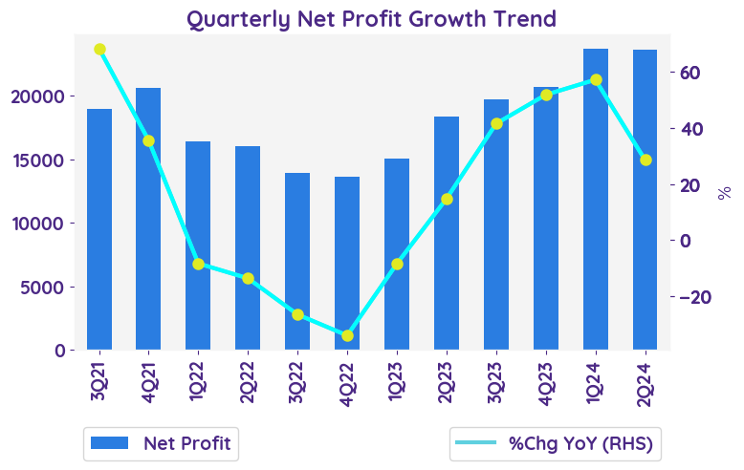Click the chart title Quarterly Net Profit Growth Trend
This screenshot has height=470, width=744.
click(x=371, y=18)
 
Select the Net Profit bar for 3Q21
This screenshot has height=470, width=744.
click(x=99, y=229)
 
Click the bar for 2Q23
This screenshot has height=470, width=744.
click(x=447, y=233)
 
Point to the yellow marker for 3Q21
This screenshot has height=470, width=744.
click(x=99, y=50)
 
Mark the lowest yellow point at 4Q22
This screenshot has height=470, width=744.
click(x=347, y=336)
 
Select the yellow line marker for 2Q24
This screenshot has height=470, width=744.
click(x=646, y=160)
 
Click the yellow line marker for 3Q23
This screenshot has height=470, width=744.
click(x=496, y=124)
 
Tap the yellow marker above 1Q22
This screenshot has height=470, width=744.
click(x=199, y=264)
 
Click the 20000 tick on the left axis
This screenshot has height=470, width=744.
click(x=39, y=96)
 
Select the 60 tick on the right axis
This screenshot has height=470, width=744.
click(x=691, y=73)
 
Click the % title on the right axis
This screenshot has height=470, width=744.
click(x=724, y=193)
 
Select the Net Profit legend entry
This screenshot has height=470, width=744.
click(x=159, y=442)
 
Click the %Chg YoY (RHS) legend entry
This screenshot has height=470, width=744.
click(x=558, y=442)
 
